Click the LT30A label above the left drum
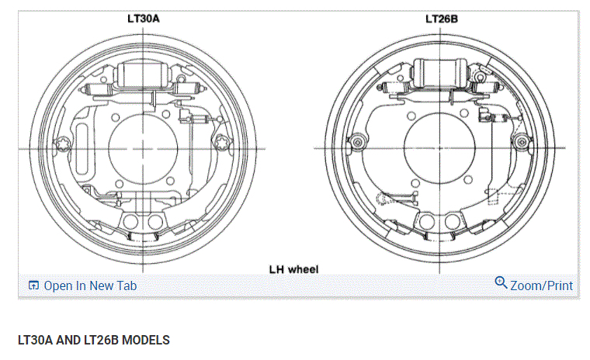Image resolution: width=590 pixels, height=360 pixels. point(144,16)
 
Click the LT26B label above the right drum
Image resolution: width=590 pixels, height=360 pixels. point(441,16)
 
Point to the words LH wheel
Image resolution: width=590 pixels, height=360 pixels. point(293,268)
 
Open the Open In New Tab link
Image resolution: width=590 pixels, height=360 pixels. point(90,286)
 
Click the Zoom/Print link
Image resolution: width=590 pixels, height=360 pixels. point(541,286)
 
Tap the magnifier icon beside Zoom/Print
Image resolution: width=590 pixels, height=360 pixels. point(501,283)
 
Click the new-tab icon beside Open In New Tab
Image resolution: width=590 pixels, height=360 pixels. point(33,286)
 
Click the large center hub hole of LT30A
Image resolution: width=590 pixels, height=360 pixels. point(144,147)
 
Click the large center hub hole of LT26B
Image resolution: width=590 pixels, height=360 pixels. point(440,147)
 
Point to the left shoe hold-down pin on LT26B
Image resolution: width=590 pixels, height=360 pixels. point(358,141)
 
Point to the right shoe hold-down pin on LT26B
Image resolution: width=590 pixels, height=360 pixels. point(522,141)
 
